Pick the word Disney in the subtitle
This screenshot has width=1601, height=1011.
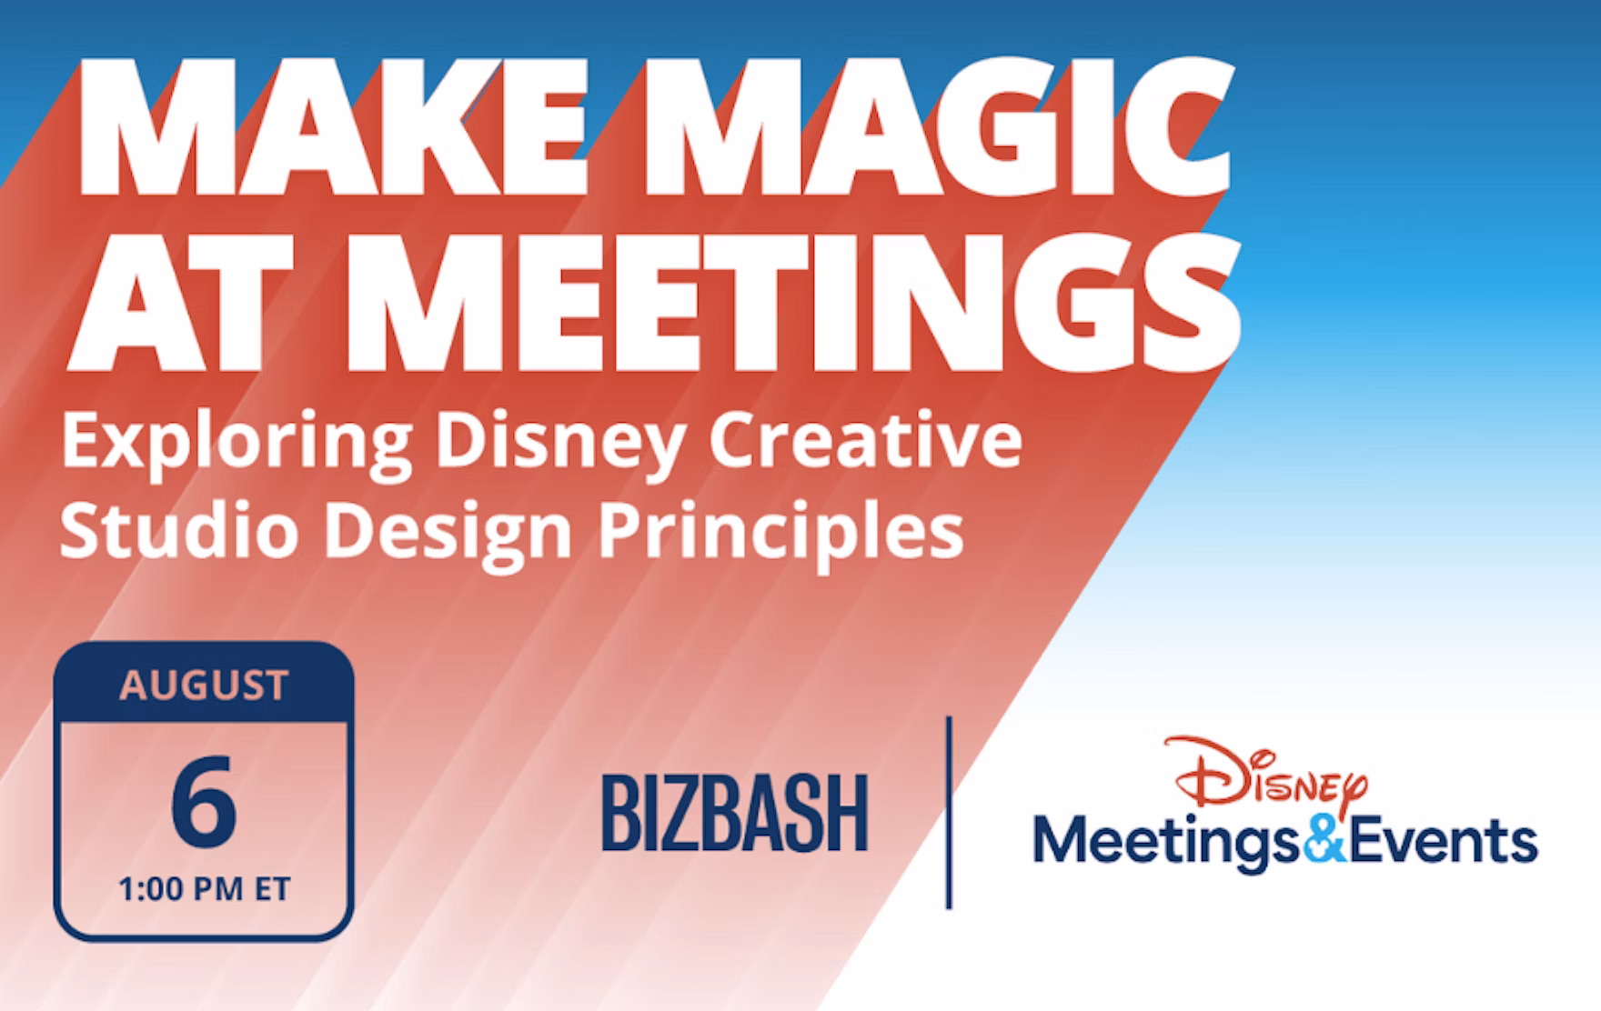pos(559,445)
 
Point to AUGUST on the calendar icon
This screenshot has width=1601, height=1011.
pos(204,686)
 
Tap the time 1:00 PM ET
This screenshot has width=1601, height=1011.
pos(204,889)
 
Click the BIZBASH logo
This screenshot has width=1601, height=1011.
pos(735,813)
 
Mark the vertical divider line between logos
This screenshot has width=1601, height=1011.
pos(949,812)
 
